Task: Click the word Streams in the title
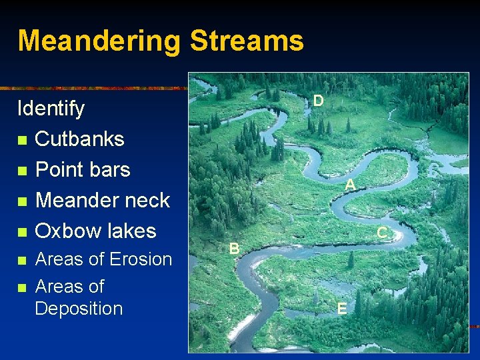point(247,41)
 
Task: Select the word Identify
point(51,109)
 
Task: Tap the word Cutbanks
point(79,139)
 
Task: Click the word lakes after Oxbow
point(131,231)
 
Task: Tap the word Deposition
point(79,309)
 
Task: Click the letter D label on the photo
point(319,101)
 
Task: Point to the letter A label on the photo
point(349,185)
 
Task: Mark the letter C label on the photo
point(382,233)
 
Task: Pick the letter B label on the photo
point(234,249)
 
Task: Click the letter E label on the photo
point(341,308)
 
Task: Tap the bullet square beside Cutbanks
point(23,140)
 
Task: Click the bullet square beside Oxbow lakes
point(23,232)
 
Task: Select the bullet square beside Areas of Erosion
point(23,260)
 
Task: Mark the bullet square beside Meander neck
point(23,201)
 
